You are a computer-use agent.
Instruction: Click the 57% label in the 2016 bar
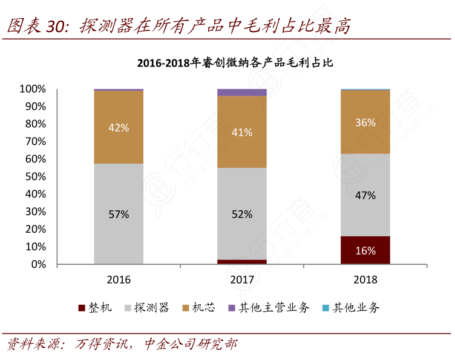coord(119,214)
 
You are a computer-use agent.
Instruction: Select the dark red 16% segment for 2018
coord(365,250)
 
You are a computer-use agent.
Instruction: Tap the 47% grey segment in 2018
coord(365,195)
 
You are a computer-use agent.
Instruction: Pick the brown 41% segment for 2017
coord(242,132)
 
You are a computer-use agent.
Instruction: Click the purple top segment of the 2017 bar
coord(242,92)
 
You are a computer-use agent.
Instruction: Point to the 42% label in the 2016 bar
coord(119,127)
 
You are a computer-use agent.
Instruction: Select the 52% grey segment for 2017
coord(242,214)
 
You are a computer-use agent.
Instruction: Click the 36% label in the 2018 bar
coord(365,122)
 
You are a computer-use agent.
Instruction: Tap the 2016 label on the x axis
coord(119,279)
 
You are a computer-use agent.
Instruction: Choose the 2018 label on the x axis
coord(365,279)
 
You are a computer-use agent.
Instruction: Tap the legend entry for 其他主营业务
coord(269,308)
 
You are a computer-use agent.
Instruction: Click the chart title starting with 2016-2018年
coord(236,62)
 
